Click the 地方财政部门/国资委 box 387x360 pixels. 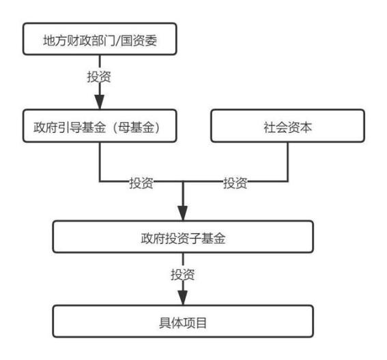[101, 40]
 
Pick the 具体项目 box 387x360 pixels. [182, 319]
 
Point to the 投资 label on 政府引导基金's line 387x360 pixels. [141, 183]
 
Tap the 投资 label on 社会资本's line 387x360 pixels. [235, 183]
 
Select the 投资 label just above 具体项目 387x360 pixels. [182, 275]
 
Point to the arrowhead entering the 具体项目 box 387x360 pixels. [182, 298]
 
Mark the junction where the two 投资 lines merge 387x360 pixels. [182, 183]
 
